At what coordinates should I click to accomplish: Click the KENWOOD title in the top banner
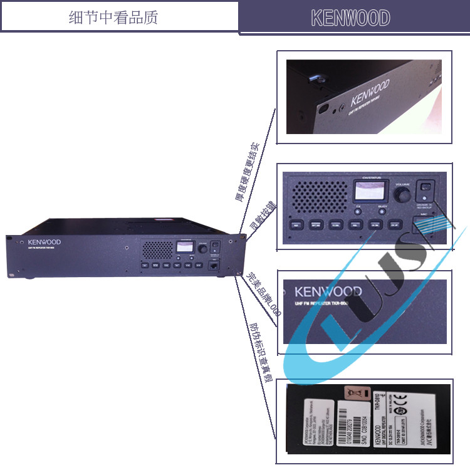(x=350, y=18)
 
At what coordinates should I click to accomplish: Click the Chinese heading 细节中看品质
(x=113, y=17)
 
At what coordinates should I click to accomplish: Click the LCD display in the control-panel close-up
(x=365, y=192)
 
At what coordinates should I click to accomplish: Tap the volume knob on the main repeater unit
(x=202, y=249)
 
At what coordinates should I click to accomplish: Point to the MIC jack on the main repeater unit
(x=216, y=266)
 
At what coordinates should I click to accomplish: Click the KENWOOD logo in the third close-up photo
(x=328, y=291)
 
